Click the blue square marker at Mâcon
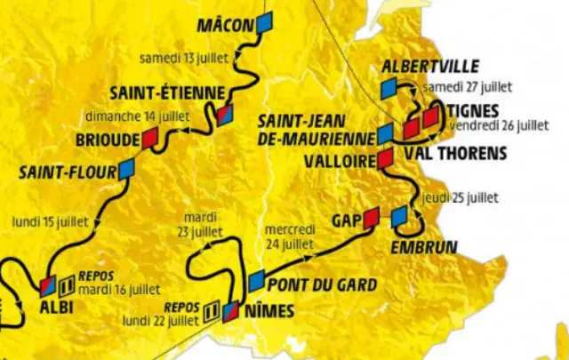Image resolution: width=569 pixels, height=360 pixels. pos(264,25)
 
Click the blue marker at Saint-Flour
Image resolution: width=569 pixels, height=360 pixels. pos(125,166)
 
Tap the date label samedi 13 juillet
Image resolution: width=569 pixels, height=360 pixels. pos(184,58)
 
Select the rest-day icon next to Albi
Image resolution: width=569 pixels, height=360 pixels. pos(64,287)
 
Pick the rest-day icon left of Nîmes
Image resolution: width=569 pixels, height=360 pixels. pos(212,311)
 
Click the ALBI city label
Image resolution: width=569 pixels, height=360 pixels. pos(53,308)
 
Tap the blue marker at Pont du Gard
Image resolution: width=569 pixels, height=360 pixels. pos(256,282)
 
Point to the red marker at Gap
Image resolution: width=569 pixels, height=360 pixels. pos(371,216)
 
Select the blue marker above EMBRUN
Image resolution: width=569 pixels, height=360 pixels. pos(399,215)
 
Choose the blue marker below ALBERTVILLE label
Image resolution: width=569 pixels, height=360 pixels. pos(388,89)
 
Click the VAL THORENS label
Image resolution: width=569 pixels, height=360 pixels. pos(459,153)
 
